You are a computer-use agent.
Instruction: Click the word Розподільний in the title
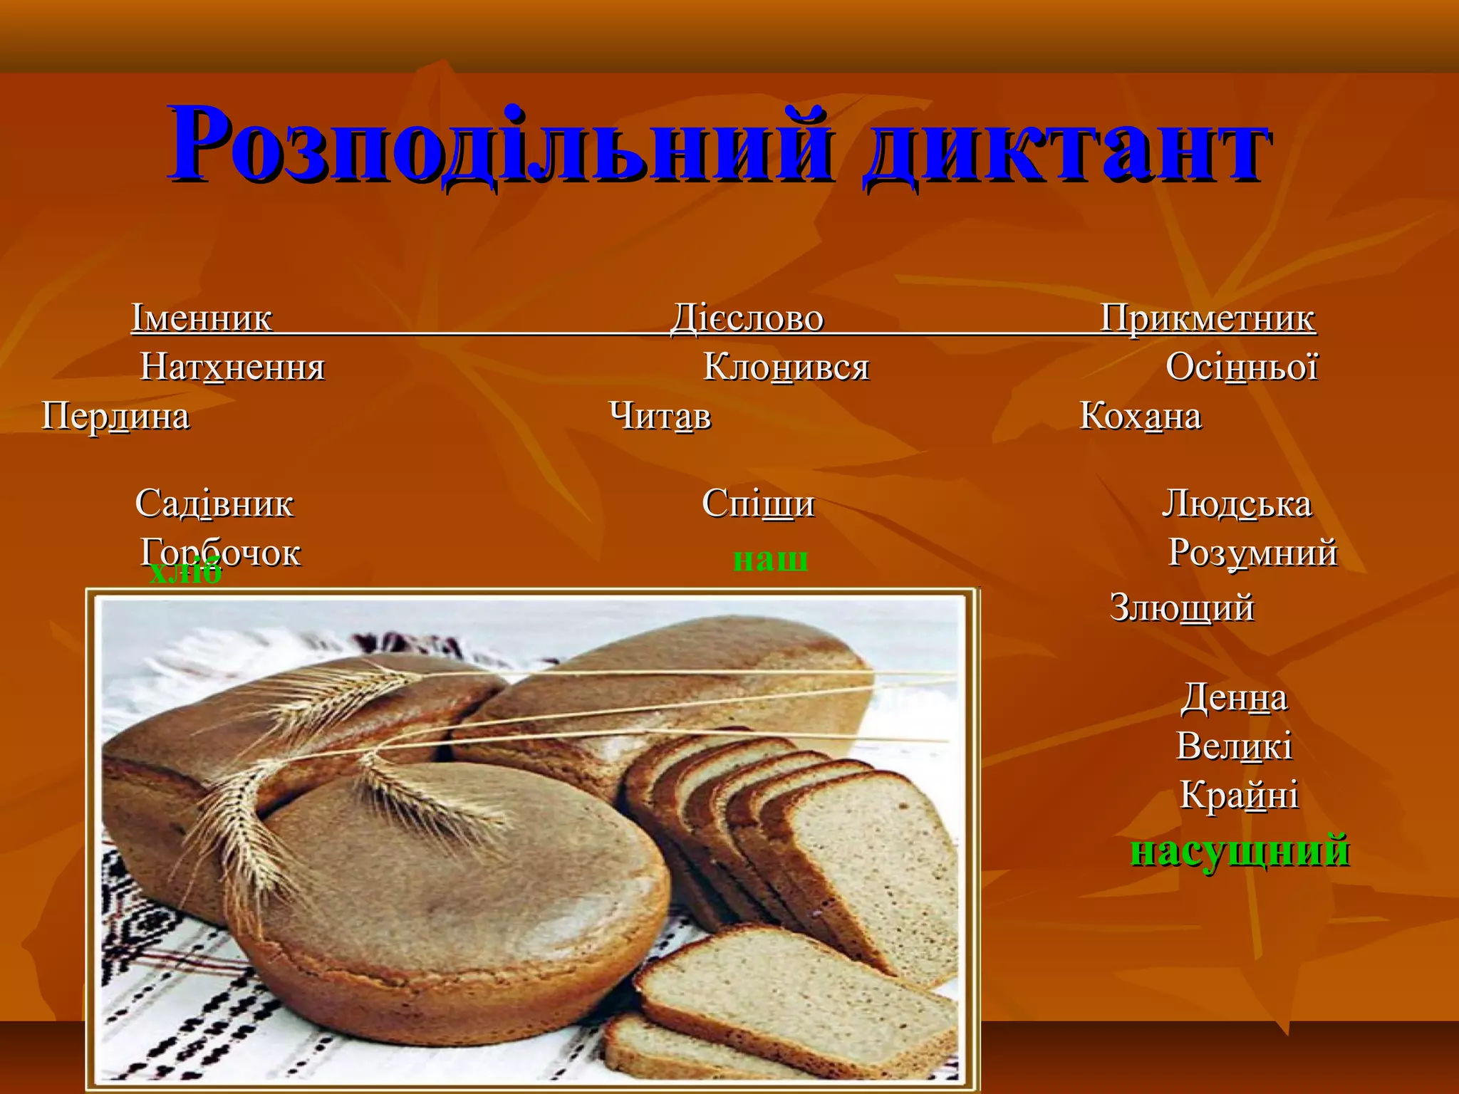tap(499, 146)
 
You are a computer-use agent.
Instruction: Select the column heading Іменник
tap(202, 318)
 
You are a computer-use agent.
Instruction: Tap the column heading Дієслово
tap(747, 318)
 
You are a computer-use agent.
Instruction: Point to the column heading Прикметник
tap(1208, 318)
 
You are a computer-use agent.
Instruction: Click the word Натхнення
tap(233, 368)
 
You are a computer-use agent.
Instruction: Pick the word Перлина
tap(116, 416)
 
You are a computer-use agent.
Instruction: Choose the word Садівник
tap(214, 504)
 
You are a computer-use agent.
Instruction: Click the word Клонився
tap(786, 368)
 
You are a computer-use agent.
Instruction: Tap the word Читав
tap(660, 416)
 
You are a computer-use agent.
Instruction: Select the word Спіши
tap(758, 504)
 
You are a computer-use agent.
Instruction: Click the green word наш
tap(770, 559)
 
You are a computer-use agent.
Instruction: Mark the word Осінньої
tap(1242, 368)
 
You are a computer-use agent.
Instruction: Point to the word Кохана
tap(1141, 416)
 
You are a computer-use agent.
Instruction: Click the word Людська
tap(1237, 504)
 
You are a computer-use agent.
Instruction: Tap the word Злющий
tap(1182, 608)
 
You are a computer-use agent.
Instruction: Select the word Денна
tap(1235, 698)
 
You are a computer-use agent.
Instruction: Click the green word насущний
tap(1240, 851)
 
